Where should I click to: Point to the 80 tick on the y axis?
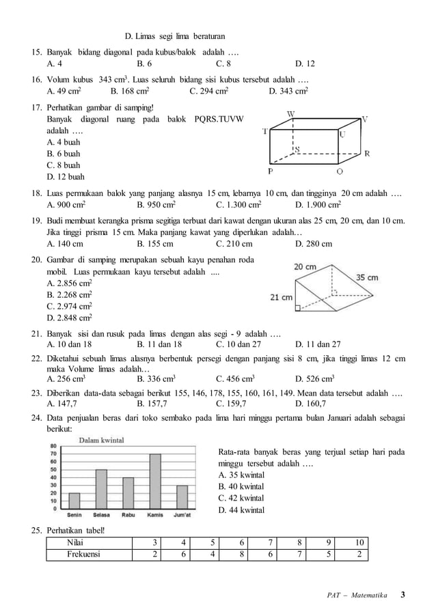[53, 446]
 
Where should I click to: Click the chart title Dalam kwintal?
[103, 440]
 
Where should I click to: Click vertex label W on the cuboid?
[290, 113]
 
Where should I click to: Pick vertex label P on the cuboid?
[271, 171]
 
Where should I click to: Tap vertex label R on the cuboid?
[367, 154]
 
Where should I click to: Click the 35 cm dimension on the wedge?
[366, 278]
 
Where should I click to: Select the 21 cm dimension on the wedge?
[282, 297]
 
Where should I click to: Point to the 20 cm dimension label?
[305, 266]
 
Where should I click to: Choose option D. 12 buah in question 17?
[64, 177]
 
